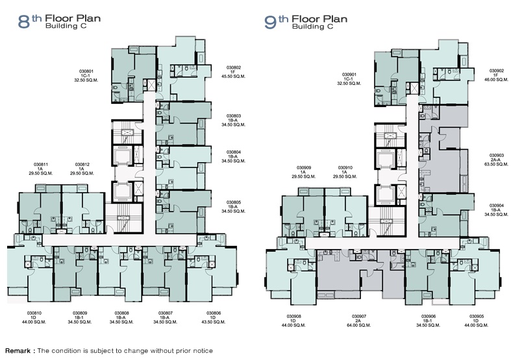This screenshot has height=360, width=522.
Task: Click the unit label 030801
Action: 86,71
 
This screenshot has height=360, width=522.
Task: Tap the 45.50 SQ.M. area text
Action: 233,76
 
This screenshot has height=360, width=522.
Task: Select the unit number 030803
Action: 234,116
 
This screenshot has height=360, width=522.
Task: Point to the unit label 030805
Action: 234,202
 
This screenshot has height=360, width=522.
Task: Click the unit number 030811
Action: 41,164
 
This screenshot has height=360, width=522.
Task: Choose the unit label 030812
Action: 82,164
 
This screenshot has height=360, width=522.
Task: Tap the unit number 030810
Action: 34,313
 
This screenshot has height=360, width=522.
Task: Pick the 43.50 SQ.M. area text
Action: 214,322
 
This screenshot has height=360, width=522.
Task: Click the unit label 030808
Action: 122,313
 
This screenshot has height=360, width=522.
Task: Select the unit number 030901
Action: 349,75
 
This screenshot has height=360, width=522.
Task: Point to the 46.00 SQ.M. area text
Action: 497,80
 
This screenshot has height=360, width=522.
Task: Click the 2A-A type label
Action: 497,160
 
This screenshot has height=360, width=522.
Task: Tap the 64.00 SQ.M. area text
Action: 358,326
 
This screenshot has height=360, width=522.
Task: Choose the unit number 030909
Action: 304,168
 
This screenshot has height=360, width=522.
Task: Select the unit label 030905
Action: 477,317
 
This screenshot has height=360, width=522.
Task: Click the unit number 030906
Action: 429,317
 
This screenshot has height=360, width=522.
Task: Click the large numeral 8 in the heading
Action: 23,22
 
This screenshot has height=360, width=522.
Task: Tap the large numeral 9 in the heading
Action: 270,22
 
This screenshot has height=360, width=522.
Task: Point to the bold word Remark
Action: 18,351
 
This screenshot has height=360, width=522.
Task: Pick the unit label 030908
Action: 294,317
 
